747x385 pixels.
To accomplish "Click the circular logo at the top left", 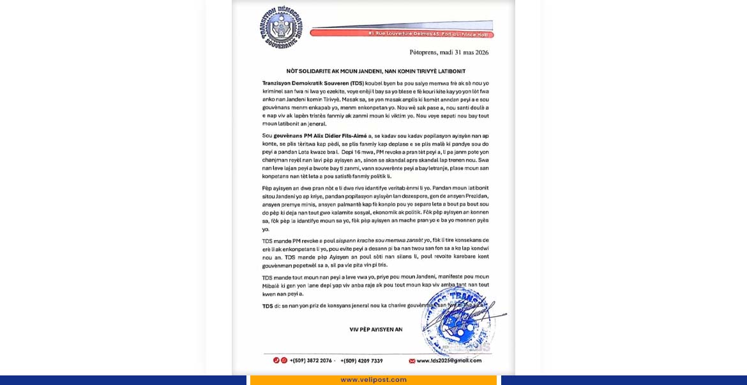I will pyautogui.click(x=281, y=27).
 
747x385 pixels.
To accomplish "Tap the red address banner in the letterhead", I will pyautogui.click(x=402, y=33).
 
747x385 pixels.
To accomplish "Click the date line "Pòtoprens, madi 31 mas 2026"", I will pyautogui.click(x=449, y=52).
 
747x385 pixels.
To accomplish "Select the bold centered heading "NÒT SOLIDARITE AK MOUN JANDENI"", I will pyautogui.click(x=375, y=71).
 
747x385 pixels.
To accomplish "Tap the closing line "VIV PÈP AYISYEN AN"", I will pyautogui.click(x=375, y=329).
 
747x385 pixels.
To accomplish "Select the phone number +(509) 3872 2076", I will pyautogui.click(x=311, y=361).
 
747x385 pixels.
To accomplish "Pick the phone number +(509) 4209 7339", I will pyautogui.click(x=361, y=361).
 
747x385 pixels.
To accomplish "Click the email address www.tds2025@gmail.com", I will pyautogui.click(x=449, y=361).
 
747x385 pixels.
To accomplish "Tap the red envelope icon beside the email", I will pyautogui.click(x=412, y=361).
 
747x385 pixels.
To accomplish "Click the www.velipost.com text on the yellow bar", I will pyautogui.click(x=373, y=380).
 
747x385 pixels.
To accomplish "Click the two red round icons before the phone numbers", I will pyautogui.click(x=280, y=361).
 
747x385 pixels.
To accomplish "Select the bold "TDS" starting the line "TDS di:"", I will pyautogui.click(x=268, y=306).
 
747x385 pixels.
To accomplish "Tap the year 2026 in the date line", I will pyautogui.click(x=478, y=52).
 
